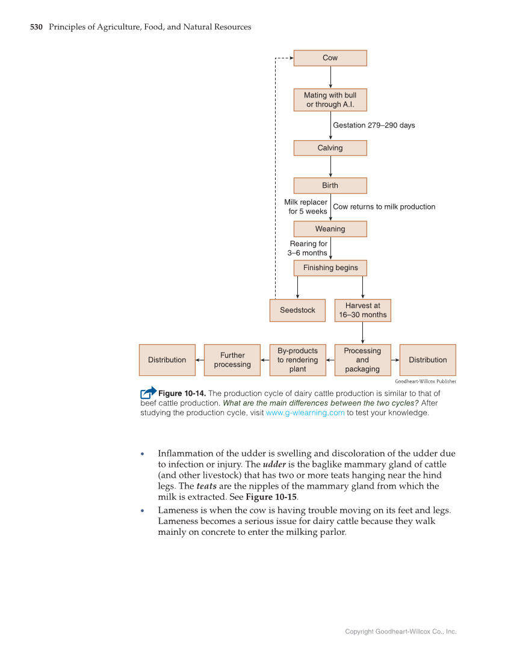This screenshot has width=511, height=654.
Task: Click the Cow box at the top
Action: [330, 58]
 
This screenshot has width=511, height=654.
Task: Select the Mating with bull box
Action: [330, 100]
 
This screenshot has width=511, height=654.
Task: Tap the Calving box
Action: [330, 148]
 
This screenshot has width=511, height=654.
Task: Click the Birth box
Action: [330, 185]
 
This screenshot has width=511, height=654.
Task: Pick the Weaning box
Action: [330, 229]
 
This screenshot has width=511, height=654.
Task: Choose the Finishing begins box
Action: [330, 268]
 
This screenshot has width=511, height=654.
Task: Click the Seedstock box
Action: [297, 310]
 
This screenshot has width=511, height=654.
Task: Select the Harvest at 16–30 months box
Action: [362, 310]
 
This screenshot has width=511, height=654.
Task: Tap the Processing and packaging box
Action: [362, 360]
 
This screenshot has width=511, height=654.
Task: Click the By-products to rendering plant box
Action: [297, 360]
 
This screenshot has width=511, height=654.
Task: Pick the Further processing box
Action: [232, 360]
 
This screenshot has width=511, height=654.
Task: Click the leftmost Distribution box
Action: [167, 360]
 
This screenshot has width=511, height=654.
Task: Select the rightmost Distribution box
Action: [427, 360]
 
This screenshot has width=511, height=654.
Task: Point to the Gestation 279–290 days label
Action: [374, 125]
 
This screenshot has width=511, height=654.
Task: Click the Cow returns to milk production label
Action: [384, 206]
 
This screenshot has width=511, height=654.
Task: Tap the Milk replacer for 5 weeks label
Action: [306, 207]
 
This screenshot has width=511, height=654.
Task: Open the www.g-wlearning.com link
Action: [305, 413]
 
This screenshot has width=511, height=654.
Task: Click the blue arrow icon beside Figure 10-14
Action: [148, 392]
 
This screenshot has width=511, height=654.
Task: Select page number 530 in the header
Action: [36, 27]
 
